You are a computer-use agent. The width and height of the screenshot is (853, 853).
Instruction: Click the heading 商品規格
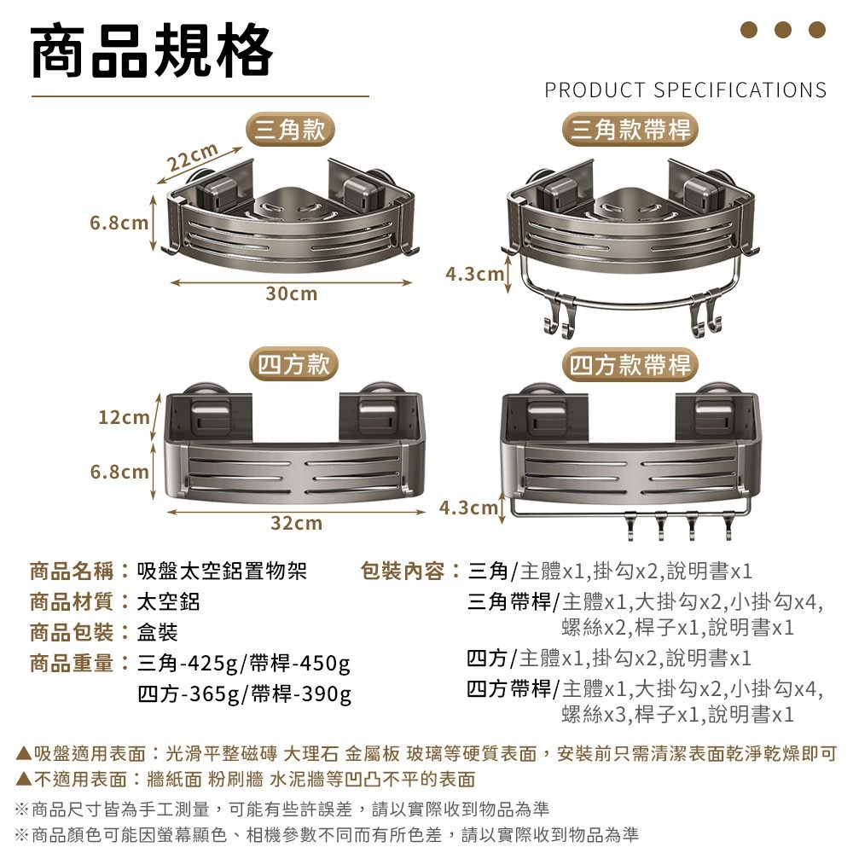[152, 52]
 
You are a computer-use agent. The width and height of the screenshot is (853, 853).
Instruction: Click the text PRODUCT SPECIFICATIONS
[685, 90]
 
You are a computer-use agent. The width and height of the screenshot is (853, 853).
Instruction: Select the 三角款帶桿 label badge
[632, 130]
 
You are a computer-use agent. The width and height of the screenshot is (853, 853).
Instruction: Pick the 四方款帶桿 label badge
[631, 365]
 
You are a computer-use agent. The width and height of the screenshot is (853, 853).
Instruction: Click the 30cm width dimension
[291, 294]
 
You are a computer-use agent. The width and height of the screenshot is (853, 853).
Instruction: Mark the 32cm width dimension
[296, 523]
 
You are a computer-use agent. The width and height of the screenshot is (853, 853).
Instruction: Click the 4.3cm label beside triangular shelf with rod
[474, 275]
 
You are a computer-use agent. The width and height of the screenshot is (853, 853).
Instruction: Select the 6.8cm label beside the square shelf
[120, 472]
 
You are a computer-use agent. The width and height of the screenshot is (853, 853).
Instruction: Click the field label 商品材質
[73, 601]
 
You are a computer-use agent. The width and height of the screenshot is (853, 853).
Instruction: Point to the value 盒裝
[159, 632]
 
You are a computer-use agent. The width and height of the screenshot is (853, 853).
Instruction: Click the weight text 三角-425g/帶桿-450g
[244, 664]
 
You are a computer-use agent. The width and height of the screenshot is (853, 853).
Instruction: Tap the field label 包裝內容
[404, 571]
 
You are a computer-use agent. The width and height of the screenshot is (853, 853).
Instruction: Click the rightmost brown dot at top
[817, 30]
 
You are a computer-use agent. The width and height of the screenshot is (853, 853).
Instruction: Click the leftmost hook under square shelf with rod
[633, 527]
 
